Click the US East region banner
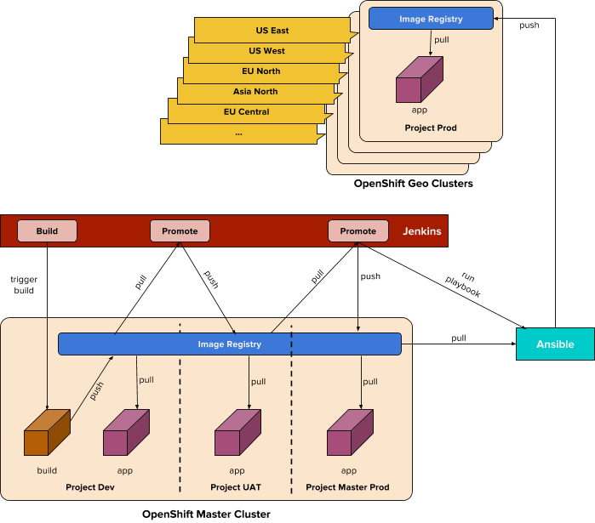click(272, 31)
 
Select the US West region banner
click(266, 51)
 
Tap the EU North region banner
click(260, 71)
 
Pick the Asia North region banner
click(255, 92)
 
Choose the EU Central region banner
click(246, 112)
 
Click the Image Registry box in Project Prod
click(431, 18)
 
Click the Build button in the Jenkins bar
click(47, 230)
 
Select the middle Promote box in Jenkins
click(180, 230)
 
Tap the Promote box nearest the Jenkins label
click(358, 230)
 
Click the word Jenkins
click(421, 231)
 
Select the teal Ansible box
click(555, 344)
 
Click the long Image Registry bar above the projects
click(229, 344)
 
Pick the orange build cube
click(47, 434)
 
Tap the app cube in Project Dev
click(126, 434)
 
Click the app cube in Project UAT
click(237, 434)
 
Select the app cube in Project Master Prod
click(350, 434)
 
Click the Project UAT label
click(236, 487)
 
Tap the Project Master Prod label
click(347, 487)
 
